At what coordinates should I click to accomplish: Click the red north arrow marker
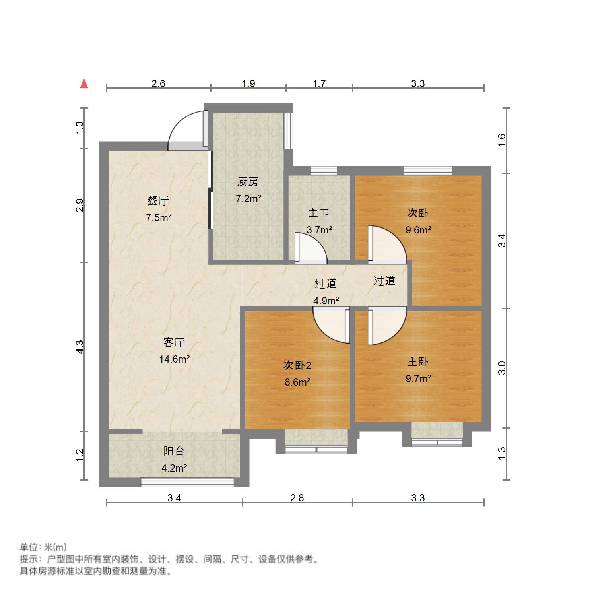pos(84,84)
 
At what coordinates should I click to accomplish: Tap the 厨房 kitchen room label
pos(248,182)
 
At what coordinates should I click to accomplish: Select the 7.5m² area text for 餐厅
pos(159,217)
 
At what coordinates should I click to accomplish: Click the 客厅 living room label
pos(174,342)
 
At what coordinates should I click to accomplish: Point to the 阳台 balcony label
pos(174,451)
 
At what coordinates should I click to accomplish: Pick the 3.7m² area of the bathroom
pos(319,229)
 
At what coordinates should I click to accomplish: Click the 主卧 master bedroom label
pos(418,362)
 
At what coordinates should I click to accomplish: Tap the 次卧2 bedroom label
pos(297,365)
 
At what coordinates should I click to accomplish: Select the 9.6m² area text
pos(418,229)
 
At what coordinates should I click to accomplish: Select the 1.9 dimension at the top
pos(248,83)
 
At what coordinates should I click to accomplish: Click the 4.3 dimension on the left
pos(80,347)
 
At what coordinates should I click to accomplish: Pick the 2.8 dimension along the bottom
pos(297,498)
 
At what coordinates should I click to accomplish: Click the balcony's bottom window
pos(187,482)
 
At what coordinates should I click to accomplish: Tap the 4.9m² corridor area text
pos(326,301)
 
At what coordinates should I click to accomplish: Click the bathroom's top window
pos(323,171)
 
